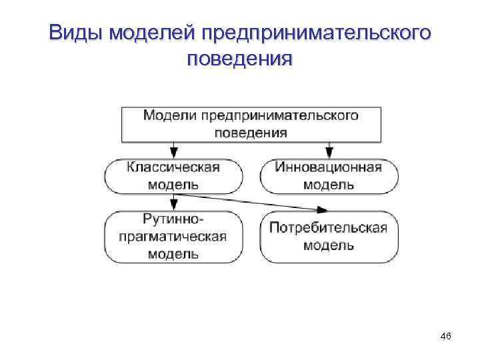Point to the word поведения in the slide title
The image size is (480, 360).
coord(239,59)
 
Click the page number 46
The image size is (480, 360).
coord(446,338)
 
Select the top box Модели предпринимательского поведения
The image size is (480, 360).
coord(251,123)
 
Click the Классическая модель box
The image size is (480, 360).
coord(172,175)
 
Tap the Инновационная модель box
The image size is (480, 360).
coord(328,175)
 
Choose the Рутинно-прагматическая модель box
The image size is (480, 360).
coord(172,236)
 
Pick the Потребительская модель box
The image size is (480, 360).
coord(328,236)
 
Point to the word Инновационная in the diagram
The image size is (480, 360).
coord(328,167)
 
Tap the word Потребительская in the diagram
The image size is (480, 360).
coord(328,228)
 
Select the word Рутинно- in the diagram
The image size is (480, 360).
coord(172,219)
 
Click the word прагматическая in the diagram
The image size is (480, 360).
coord(172,236)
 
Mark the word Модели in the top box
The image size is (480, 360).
coord(167,115)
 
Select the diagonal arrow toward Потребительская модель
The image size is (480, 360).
coord(253,201)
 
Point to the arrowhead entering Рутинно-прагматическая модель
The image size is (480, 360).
coord(173,207)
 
